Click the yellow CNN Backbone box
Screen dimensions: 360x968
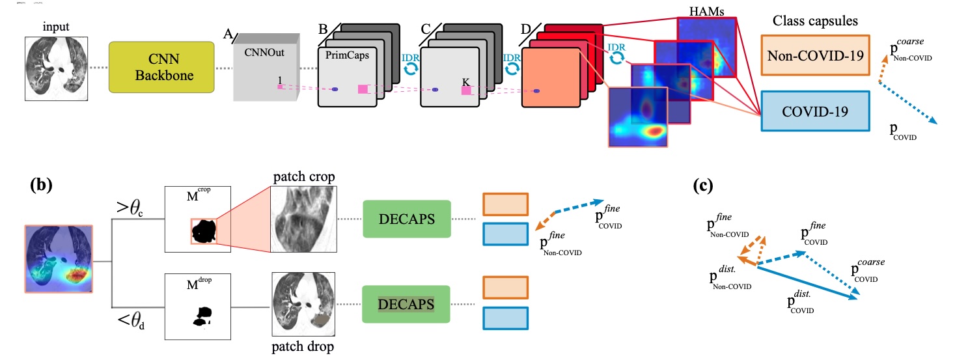(161, 68)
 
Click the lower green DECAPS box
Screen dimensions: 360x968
(407, 303)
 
